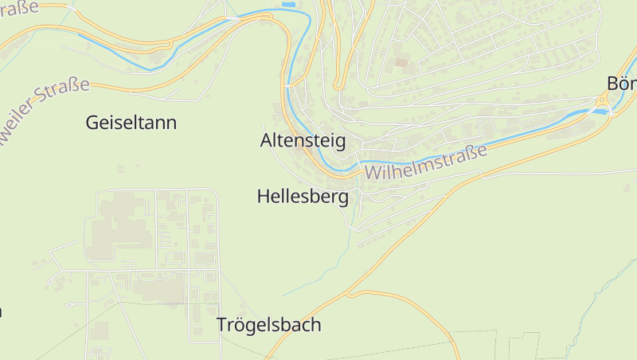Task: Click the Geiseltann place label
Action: [x=131, y=123]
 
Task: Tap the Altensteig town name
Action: [x=303, y=141]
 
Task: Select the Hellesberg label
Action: [x=303, y=196]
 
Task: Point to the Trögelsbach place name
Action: [x=268, y=325]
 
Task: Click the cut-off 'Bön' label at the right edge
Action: [x=621, y=83]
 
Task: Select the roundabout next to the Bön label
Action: [x=604, y=100]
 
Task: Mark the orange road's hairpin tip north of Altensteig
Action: [x=338, y=85]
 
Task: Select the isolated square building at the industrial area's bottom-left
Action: [x=99, y=331]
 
